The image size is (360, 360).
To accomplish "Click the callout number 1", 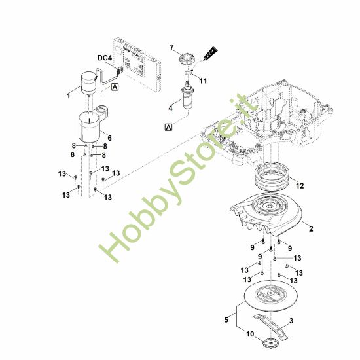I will click(x=67, y=96).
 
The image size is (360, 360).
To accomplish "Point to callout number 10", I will click(x=249, y=335).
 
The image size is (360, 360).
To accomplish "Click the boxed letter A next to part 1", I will click(x=115, y=87).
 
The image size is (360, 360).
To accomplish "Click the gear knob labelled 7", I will click(x=188, y=58).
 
